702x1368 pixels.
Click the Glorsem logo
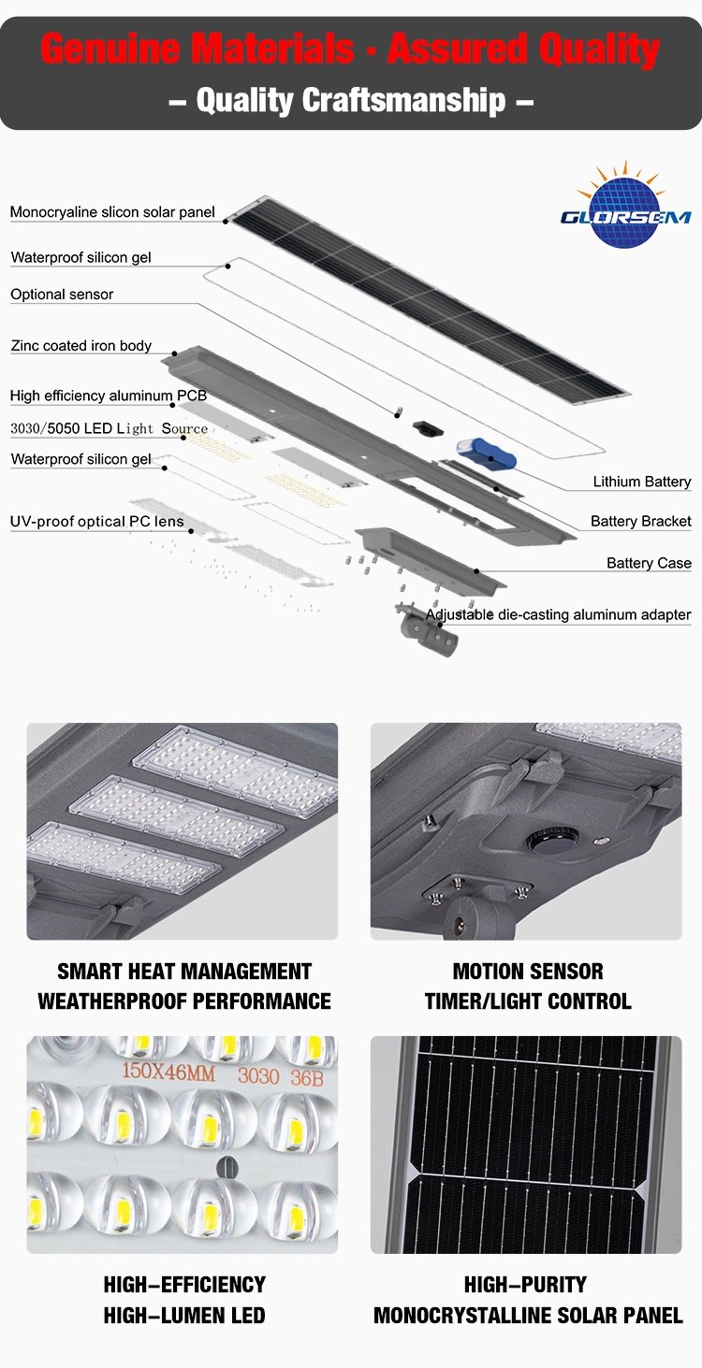625,206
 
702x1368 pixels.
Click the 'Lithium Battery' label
641,482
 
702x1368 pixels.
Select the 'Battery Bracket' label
640,521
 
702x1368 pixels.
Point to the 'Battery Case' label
649,563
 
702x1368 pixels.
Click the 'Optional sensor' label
62,295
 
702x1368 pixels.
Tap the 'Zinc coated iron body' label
80,346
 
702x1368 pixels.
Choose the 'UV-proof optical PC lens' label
96,522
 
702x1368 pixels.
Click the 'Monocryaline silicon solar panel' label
112,212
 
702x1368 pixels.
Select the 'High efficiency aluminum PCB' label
109,396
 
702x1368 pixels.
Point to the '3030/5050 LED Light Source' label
109,428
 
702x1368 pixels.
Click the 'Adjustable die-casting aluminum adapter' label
558,614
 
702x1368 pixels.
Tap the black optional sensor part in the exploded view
426,427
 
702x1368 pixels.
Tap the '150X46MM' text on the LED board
168,1072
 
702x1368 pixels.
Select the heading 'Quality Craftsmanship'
351,100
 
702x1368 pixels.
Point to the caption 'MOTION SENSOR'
528,972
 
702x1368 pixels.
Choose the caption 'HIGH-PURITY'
525,1285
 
